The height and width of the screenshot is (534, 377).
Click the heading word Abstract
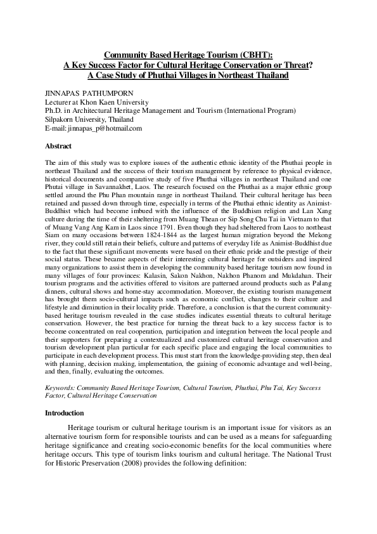click(x=58, y=145)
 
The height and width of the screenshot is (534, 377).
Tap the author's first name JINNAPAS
click(x=62, y=93)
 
